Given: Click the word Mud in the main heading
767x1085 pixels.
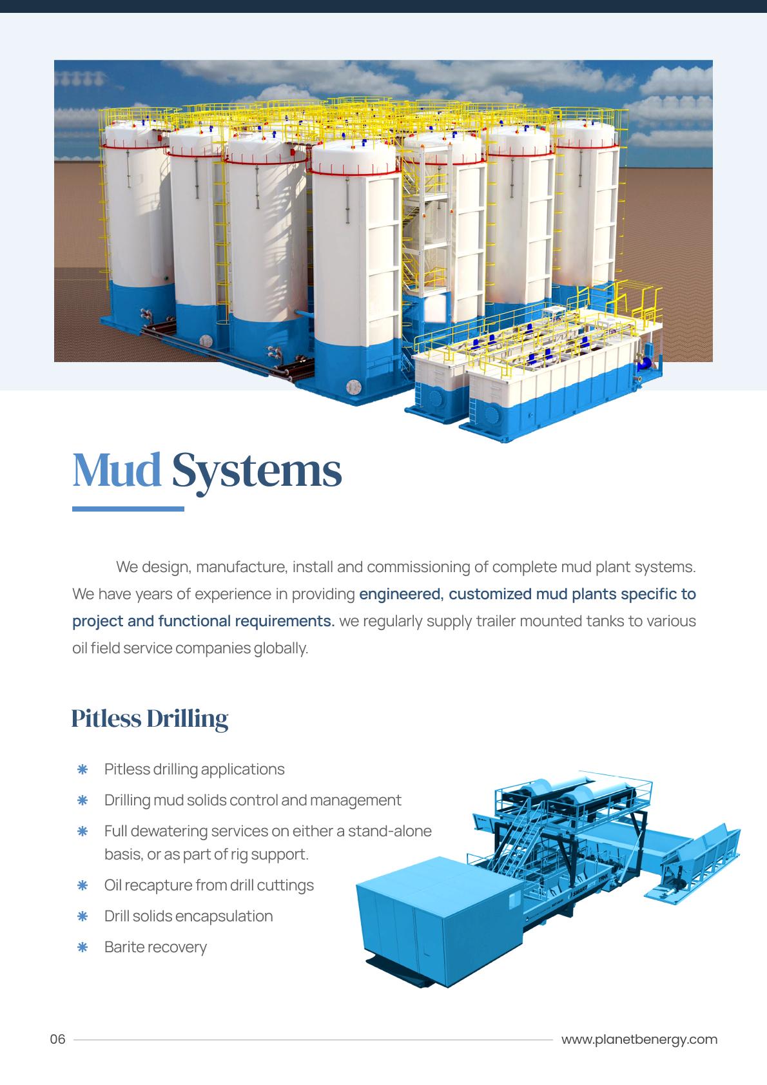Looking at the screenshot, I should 117,470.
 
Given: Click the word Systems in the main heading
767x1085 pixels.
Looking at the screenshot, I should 257,472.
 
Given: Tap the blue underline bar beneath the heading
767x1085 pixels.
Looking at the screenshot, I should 128,509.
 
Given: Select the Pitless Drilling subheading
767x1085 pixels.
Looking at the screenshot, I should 150,719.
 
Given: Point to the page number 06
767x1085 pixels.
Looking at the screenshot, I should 58,1039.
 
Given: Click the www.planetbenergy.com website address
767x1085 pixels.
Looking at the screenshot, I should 639,1039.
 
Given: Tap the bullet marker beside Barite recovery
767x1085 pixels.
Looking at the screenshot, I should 83,947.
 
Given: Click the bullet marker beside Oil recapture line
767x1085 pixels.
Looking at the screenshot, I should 83,885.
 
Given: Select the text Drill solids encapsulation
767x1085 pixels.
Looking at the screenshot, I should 188,916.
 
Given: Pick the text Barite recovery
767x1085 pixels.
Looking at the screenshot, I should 155,947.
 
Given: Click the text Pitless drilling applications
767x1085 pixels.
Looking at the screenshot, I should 194,769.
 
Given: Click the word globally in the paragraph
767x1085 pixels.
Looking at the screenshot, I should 281,648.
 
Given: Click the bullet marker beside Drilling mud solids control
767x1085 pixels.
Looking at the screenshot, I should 83,800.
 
